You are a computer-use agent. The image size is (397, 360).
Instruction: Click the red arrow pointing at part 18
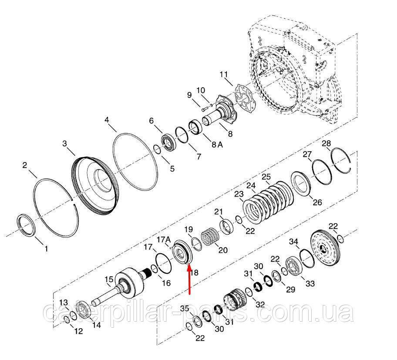[189, 279]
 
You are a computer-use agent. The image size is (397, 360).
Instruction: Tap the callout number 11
[224, 75]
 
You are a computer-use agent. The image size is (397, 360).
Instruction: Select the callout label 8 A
[217, 145]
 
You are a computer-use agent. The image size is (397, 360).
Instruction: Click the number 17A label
[164, 239]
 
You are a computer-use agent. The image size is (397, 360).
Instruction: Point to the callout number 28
[326, 143]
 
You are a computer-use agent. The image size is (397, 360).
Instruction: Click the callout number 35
[185, 309]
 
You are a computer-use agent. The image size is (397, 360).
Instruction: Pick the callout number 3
[65, 143]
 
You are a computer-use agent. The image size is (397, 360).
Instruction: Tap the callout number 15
[109, 279]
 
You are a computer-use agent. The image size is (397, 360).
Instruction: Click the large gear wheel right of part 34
[326, 248]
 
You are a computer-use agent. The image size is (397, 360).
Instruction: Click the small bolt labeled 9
[205, 109]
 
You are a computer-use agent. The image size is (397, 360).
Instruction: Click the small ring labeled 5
[156, 149]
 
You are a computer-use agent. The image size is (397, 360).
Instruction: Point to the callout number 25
[266, 177]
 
